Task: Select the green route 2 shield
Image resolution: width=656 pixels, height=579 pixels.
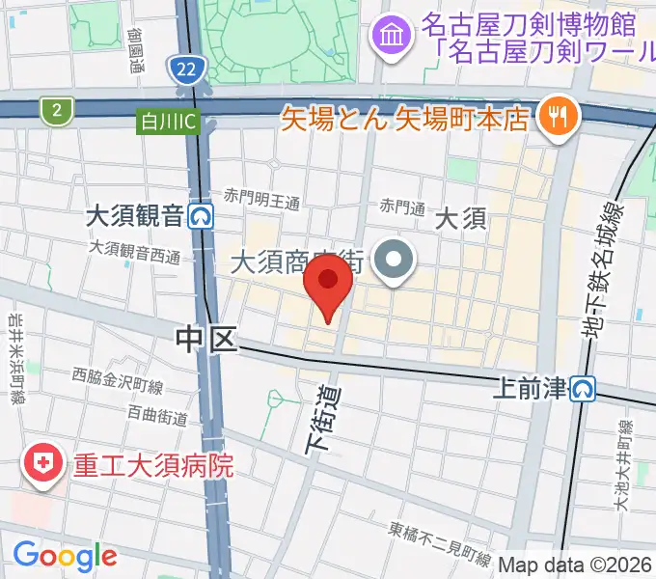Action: tap(57, 111)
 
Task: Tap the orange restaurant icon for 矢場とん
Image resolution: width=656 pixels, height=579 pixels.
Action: tap(559, 117)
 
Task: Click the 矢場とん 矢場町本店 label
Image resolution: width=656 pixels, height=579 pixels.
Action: tap(406, 119)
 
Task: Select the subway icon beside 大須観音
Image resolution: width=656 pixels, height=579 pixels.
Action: tap(201, 214)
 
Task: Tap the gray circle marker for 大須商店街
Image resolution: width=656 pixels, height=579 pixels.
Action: tap(394, 262)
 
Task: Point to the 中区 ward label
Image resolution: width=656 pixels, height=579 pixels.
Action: tap(205, 338)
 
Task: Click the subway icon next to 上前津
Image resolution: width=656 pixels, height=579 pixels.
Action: tap(582, 388)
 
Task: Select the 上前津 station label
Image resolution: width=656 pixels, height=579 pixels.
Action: tap(529, 388)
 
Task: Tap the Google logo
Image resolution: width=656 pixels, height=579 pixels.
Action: tap(65, 556)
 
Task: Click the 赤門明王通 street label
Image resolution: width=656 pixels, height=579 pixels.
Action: tap(262, 202)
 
